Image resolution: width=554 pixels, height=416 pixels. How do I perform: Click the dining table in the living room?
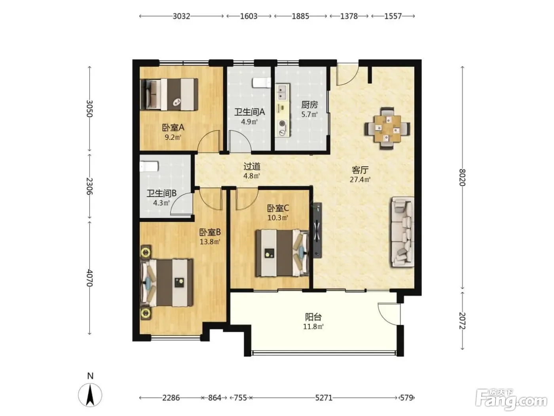(387, 128)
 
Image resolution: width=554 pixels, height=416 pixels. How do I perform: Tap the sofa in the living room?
(402, 232)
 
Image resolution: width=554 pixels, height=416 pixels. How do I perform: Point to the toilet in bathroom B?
(149, 166)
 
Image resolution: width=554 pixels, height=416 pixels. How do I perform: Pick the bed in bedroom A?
(169, 94)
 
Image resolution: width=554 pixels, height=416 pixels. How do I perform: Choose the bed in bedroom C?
(282, 253)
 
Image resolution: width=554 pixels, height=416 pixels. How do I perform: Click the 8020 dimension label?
(462, 177)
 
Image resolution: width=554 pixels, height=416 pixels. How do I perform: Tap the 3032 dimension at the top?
(181, 16)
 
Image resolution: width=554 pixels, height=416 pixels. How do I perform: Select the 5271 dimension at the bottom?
(324, 398)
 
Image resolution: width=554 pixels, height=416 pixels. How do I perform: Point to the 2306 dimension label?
(89, 186)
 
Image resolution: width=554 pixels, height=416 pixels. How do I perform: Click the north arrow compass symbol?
(90, 395)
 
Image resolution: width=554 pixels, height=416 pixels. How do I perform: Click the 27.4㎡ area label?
(360, 179)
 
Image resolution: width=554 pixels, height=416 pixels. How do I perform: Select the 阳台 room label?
(313, 317)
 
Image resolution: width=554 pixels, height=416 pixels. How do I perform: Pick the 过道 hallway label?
(252, 166)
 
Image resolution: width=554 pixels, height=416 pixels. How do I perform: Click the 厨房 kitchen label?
(309, 105)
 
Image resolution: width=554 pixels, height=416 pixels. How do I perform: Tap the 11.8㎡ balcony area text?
(313, 326)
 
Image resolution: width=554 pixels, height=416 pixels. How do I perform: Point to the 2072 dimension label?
(462, 321)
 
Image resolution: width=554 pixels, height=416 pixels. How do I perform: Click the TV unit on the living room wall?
(317, 230)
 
